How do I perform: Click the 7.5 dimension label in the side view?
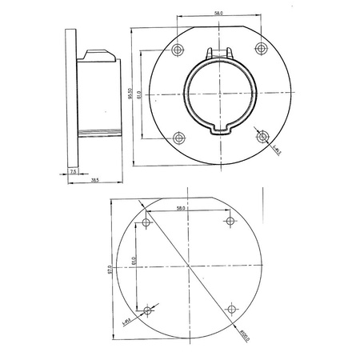[x=73, y=171]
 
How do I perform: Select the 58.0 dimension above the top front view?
[x=218, y=14]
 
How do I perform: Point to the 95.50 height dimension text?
[x=130, y=94]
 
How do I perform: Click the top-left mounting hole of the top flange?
[x=176, y=50]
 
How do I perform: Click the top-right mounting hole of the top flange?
[x=262, y=50]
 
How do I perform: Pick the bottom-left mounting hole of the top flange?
[x=176, y=138]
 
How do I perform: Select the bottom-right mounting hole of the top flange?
[x=262, y=138]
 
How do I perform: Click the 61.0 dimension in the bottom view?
[x=134, y=264]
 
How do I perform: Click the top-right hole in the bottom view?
[x=231, y=221]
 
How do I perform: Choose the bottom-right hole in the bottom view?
[x=231, y=309]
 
